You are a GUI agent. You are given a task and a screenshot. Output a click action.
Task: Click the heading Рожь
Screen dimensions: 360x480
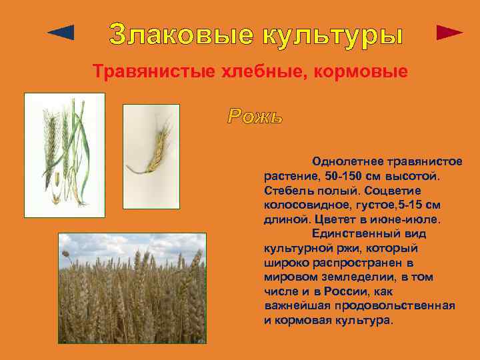pyautogui.click(x=255, y=117)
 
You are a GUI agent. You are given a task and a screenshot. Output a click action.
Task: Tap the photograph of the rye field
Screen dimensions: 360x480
pyautogui.click(x=132, y=288)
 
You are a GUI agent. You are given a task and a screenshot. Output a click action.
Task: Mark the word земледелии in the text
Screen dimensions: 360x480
pyautogui.click(x=355, y=277)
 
